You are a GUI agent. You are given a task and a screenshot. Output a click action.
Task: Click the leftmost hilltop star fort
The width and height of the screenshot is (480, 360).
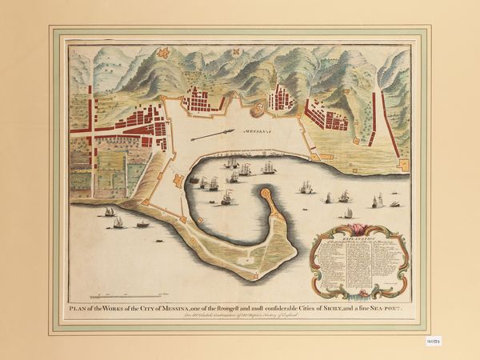[164, 53]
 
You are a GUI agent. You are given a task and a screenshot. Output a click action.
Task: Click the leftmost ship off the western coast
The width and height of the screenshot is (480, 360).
[109, 211]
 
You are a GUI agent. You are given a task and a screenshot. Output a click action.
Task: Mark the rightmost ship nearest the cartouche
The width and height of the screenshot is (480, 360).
[394, 204]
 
